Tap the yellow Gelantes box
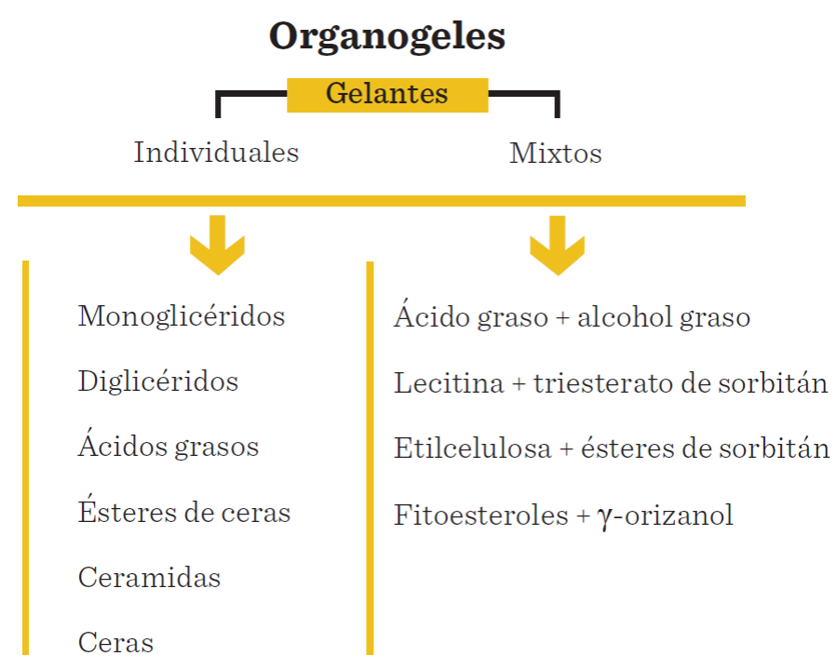coord(387,94)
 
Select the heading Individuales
coord(216,153)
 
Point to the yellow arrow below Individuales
coord(217,245)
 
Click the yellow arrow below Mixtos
coord(557,245)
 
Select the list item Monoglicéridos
coord(182,316)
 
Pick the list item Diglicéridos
coord(158,381)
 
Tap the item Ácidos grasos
coord(169,446)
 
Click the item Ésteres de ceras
coord(184,512)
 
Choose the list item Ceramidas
coord(150,578)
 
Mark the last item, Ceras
coord(116,642)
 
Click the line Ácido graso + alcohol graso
coord(572,317)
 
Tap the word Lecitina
coord(447,383)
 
